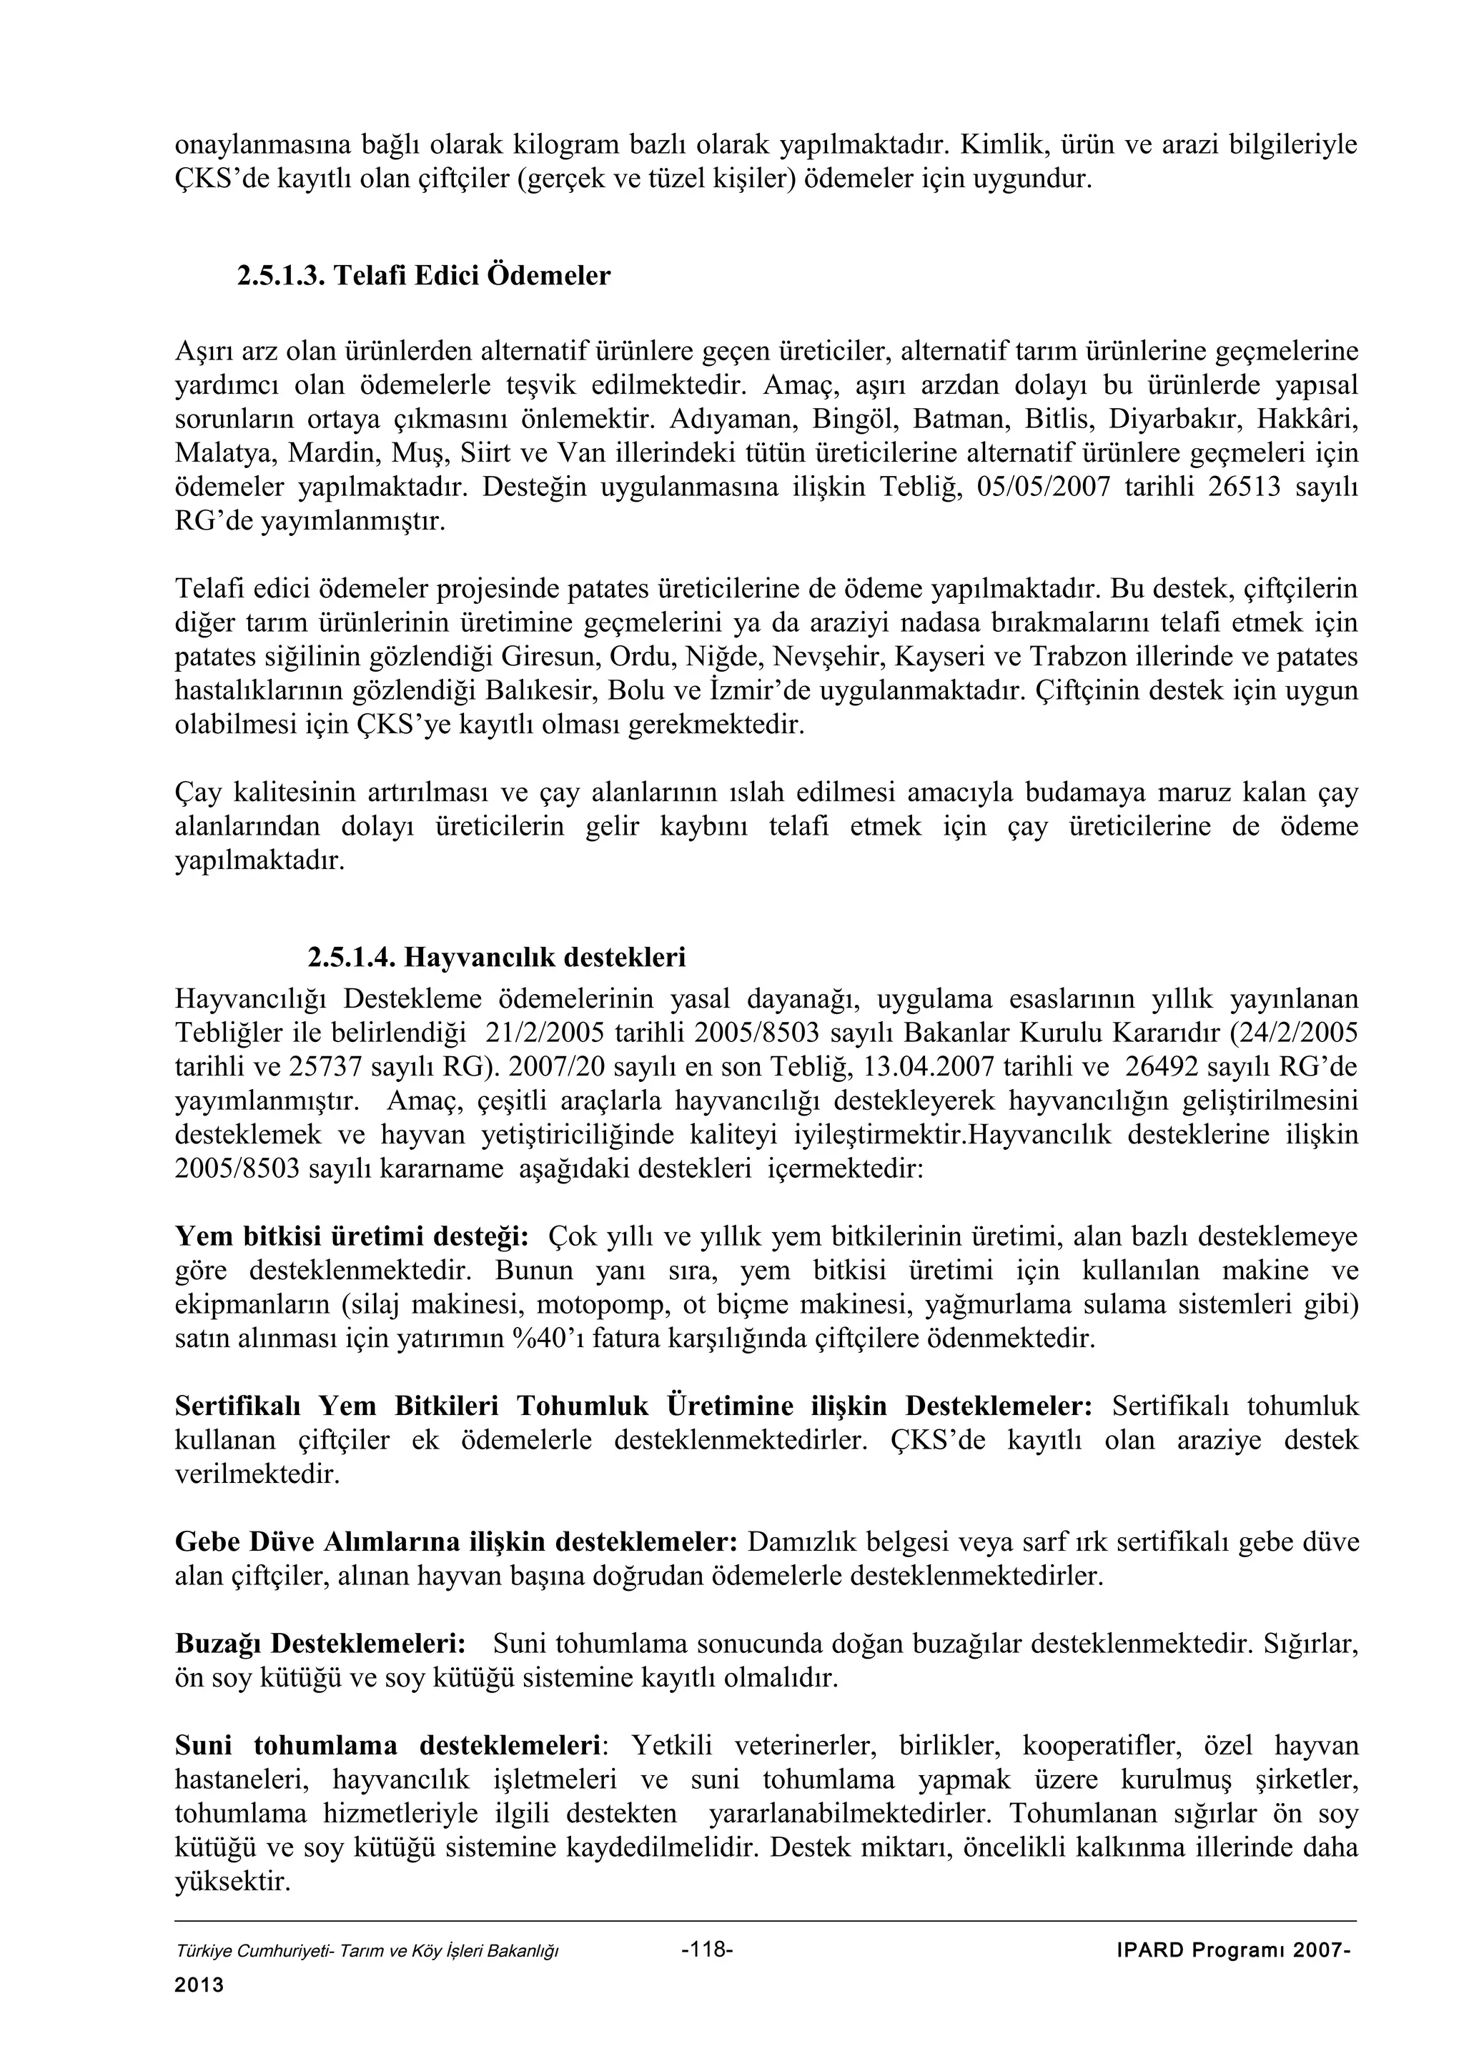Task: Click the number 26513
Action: pyautogui.click(x=1245, y=488)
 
